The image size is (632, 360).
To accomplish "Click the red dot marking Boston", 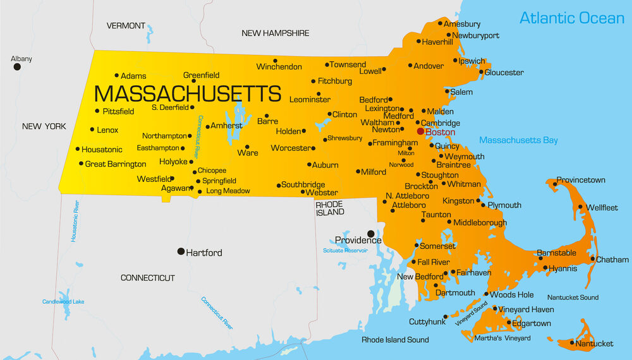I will pos(420,131).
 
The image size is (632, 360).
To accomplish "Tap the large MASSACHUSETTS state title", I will pos(187,94).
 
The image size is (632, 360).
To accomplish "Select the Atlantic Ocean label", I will pos(571,18).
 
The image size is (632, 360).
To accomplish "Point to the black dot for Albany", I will pos(17,66).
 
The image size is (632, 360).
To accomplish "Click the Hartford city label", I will pos(204,253).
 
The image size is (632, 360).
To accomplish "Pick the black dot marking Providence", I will pos(371,234).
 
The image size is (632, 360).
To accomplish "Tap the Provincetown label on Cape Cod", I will pos(580,180).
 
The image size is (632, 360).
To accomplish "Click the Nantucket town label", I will pos(595,344).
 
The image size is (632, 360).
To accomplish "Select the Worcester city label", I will pos(291,148).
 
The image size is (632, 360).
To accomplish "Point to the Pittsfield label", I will pos(118,111).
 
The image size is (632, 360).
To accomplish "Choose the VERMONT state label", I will pos(126,26).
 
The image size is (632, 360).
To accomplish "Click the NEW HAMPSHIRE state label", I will pos(276,33).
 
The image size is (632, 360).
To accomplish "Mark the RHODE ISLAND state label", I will pos(330,208).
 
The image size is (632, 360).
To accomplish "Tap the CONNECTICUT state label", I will pos(147,278).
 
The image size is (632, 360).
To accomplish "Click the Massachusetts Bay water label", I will pos(518,140).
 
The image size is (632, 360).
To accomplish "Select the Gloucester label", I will pos(504,73).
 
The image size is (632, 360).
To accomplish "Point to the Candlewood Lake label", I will pos(63,302).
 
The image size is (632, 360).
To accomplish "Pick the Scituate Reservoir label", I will pos(345,251).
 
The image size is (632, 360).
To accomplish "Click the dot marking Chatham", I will pos(593,259).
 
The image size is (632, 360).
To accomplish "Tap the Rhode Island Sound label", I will pos(395,340).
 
